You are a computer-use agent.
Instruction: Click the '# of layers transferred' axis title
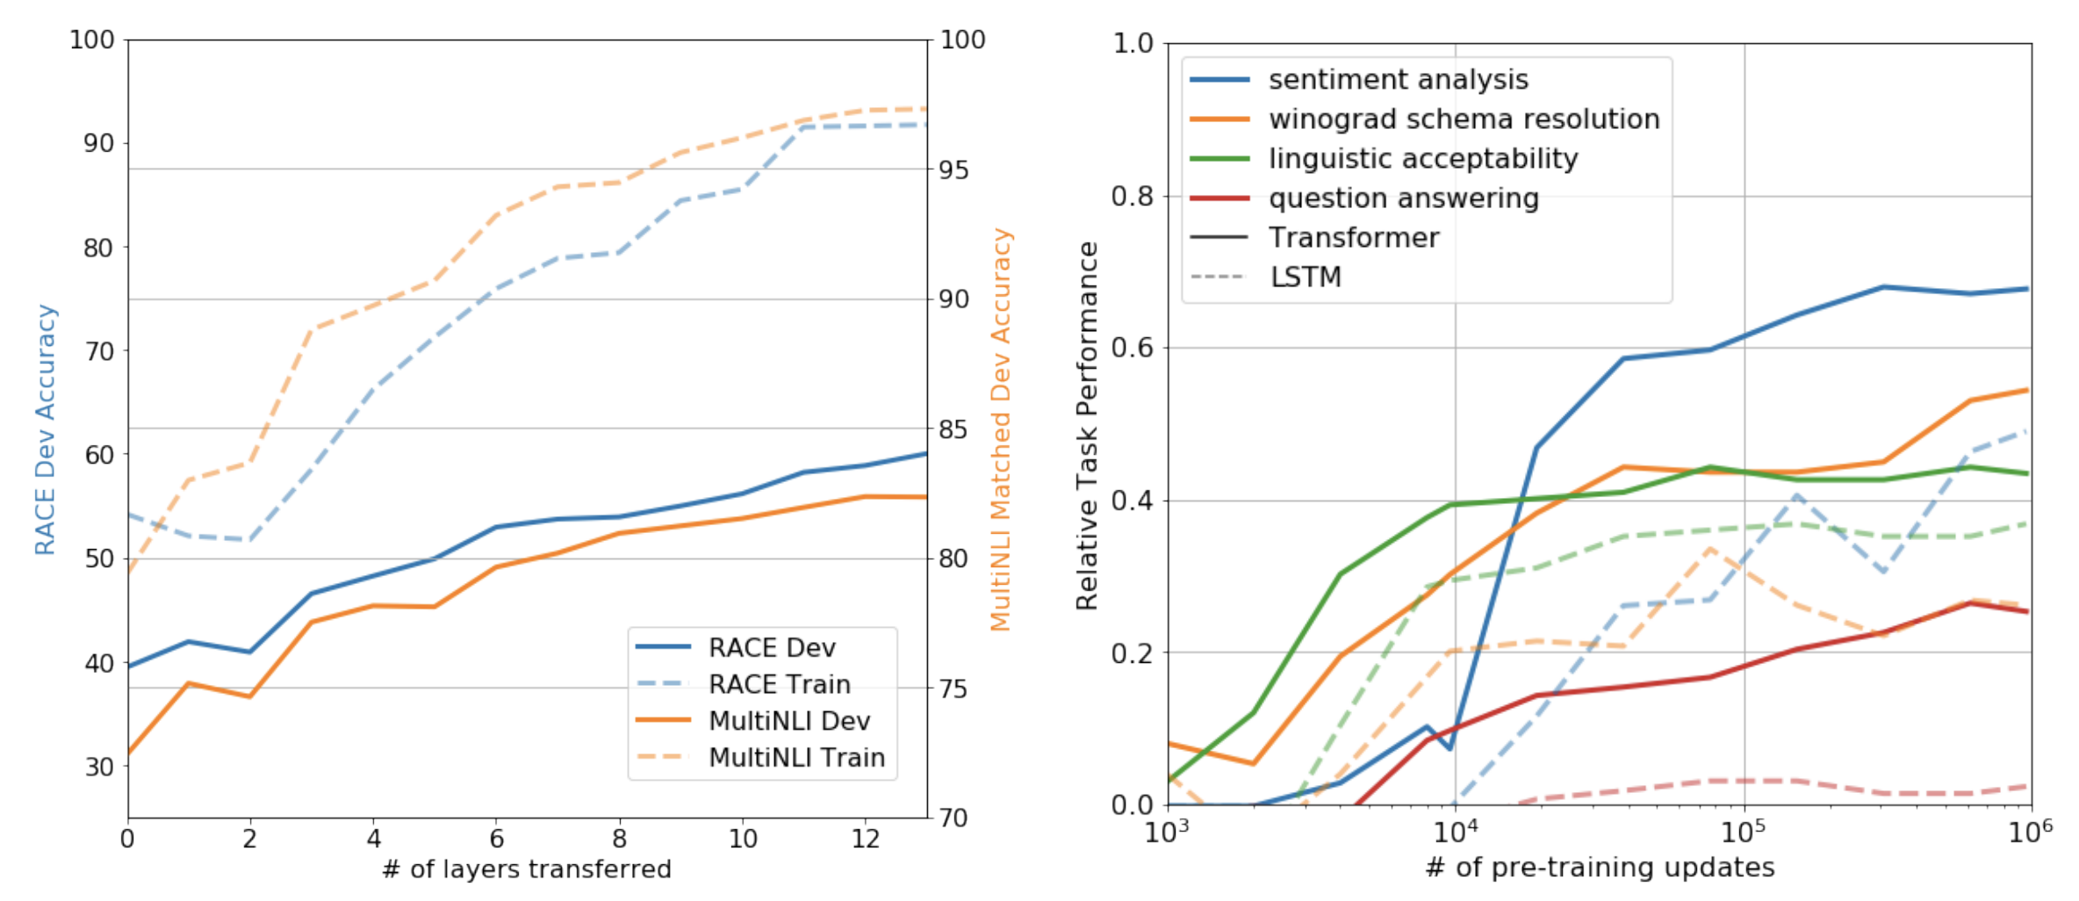[x=527, y=869]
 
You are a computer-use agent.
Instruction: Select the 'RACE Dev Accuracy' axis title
[x=46, y=429]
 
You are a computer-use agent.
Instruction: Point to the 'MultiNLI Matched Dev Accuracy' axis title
[x=1001, y=429]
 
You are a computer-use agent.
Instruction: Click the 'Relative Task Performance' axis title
[x=1087, y=426]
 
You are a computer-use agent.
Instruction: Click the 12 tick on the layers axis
[x=865, y=840]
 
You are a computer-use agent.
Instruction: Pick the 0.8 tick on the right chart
[x=1133, y=196]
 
